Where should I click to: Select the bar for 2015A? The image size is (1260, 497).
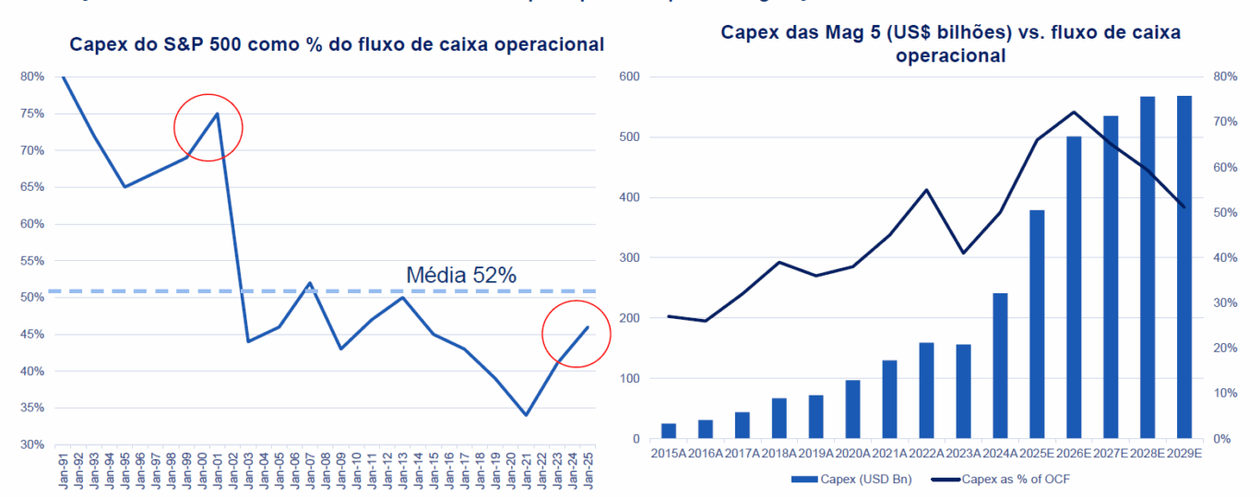[x=669, y=431]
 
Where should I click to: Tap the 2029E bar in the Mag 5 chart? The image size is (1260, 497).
[x=1184, y=267]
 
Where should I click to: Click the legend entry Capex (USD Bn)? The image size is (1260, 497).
[x=832, y=479]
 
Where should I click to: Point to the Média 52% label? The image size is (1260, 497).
[x=461, y=275]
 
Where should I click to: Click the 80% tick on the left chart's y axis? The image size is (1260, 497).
[x=31, y=77]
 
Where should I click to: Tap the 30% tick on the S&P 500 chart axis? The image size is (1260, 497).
[x=31, y=444]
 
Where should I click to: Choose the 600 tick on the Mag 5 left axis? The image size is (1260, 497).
[x=630, y=77]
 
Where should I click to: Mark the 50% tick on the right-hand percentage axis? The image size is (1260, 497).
[x=1223, y=212]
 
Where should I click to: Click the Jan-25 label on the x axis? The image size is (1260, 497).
[x=587, y=470]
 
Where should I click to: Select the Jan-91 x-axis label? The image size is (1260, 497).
[x=63, y=470]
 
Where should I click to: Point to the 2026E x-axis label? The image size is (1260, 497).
[x=1074, y=454]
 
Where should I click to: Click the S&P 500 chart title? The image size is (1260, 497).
[x=338, y=44]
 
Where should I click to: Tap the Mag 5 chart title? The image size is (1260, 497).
[x=950, y=44]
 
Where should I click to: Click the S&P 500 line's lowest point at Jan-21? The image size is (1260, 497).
[x=526, y=415]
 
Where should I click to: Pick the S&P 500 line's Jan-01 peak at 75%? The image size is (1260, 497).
[x=217, y=113]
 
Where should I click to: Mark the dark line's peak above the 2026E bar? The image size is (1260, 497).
[x=1074, y=112]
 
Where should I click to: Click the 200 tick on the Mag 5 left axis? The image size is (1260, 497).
[x=630, y=318]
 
